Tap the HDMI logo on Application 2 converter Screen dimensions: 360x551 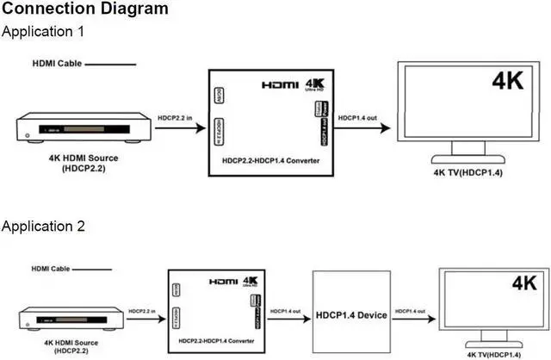pyautogui.click(x=221, y=282)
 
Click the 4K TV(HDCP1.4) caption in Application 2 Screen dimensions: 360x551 pyautogui.click(x=496, y=353)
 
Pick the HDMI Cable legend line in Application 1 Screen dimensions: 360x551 pyautogui.click(x=110, y=63)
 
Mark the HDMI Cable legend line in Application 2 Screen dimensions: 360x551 pyautogui.click(x=85, y=268)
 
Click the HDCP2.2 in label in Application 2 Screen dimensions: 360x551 pyautogui.click(x=143, y=311)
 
